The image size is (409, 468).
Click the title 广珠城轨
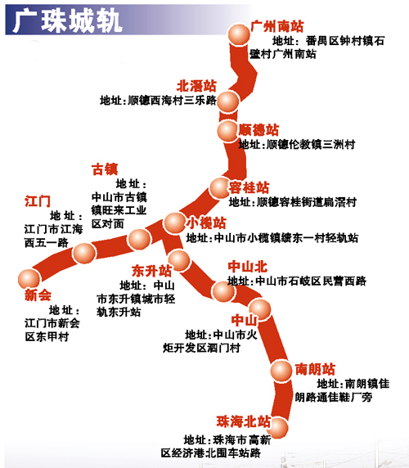pos(67,21)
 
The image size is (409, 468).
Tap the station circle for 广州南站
pos(239,34)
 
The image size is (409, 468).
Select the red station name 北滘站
pos(196,86)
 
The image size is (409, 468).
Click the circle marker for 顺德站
pos(228,131)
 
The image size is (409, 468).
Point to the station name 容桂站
pos(249,187)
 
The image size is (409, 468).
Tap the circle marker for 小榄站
pos(174,223)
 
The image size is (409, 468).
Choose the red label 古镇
pos(105,169)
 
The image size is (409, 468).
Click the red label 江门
pos(38,201)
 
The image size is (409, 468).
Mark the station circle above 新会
pos(29,279)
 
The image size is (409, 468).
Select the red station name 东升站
pos(152,271)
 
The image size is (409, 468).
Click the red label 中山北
pos(248,267)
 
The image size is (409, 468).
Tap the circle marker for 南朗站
pos(281,371)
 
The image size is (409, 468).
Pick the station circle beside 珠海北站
pos(278,428)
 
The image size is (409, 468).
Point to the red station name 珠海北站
pos(244,421)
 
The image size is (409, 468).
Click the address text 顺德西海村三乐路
pos(172,101)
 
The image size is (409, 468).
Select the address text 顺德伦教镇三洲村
pos(311,145)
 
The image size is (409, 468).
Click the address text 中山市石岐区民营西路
pos(311,281)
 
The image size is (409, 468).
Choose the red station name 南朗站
pos(315,369)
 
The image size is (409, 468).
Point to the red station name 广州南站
pos(277,26)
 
